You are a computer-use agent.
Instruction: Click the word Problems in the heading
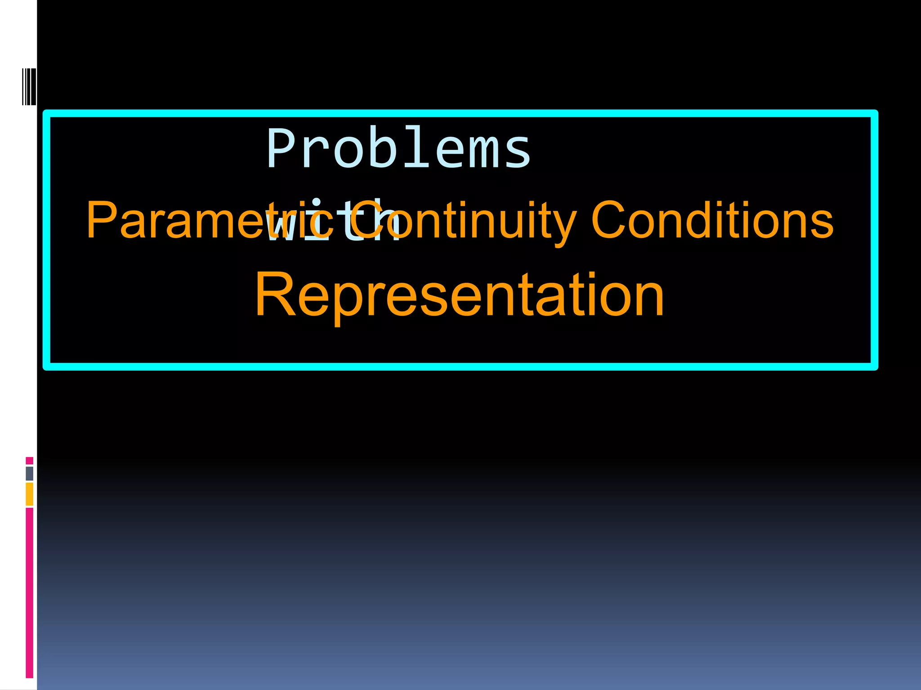(x=398, y=148)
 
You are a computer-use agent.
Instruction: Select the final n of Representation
(x=649, y=299)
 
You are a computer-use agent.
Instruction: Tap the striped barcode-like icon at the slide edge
(x=29, y=86)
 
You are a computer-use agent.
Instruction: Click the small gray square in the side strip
(x=29, y=473)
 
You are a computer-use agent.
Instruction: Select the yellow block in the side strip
(x=29, y=494)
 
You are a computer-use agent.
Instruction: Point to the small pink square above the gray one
(x=29, y=461)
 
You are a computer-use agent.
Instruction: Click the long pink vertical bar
(x=29, y=592)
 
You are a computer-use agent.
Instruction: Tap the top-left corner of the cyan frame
(x=47, y=113)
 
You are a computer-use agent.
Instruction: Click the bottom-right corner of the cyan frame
(x=874, y=367)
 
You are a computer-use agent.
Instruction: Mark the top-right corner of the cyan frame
(x=874, y=113)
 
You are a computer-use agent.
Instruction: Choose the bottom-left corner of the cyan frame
(x=47, y=367)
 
